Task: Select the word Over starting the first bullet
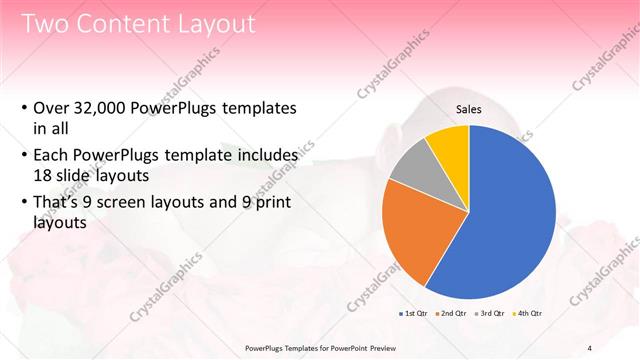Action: (50, 109)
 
